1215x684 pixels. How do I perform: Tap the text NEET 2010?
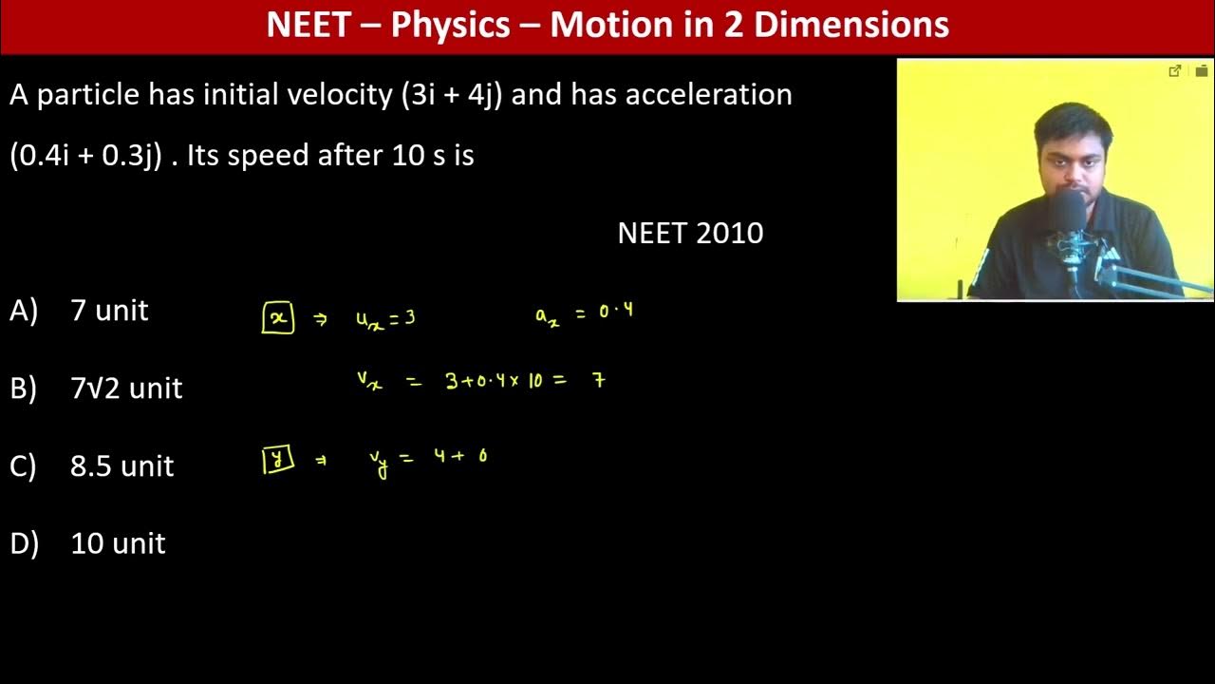click(690, 234)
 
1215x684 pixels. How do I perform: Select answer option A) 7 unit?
click(109, 311)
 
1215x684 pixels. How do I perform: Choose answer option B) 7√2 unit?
click(126, 389)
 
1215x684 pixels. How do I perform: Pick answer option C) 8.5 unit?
click(121, 466)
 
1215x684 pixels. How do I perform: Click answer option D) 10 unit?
click(118, 543)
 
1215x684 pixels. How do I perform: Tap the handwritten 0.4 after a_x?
click(616, 312)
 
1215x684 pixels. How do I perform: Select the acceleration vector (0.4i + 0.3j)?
click(85, 156)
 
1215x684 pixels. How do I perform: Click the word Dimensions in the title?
click(850, 26)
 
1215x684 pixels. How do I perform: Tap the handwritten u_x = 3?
click(385, 319)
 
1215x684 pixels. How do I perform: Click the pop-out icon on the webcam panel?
click(1174, 71)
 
